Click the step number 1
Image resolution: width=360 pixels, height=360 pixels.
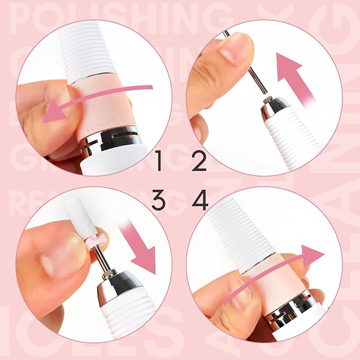click(158, 161)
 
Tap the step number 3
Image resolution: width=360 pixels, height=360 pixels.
click(158, 200)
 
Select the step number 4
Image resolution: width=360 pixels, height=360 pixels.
click(199, 200)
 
